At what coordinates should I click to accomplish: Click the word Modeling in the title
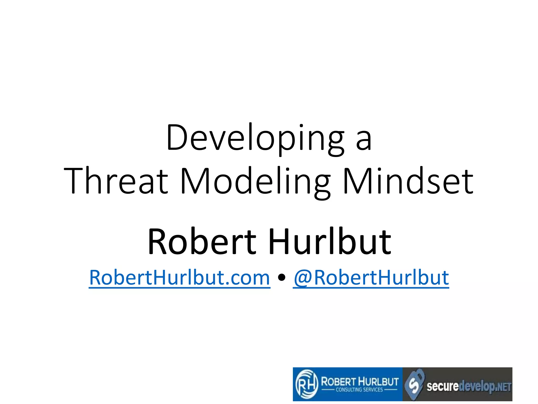255,181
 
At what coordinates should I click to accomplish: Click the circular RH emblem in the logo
306,384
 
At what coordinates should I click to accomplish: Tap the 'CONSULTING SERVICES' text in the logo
359,390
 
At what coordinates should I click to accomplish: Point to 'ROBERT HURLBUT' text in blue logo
360,381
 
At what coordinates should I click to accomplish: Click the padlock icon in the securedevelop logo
414,384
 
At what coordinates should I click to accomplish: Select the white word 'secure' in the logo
442,386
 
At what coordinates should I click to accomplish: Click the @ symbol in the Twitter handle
303,278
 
